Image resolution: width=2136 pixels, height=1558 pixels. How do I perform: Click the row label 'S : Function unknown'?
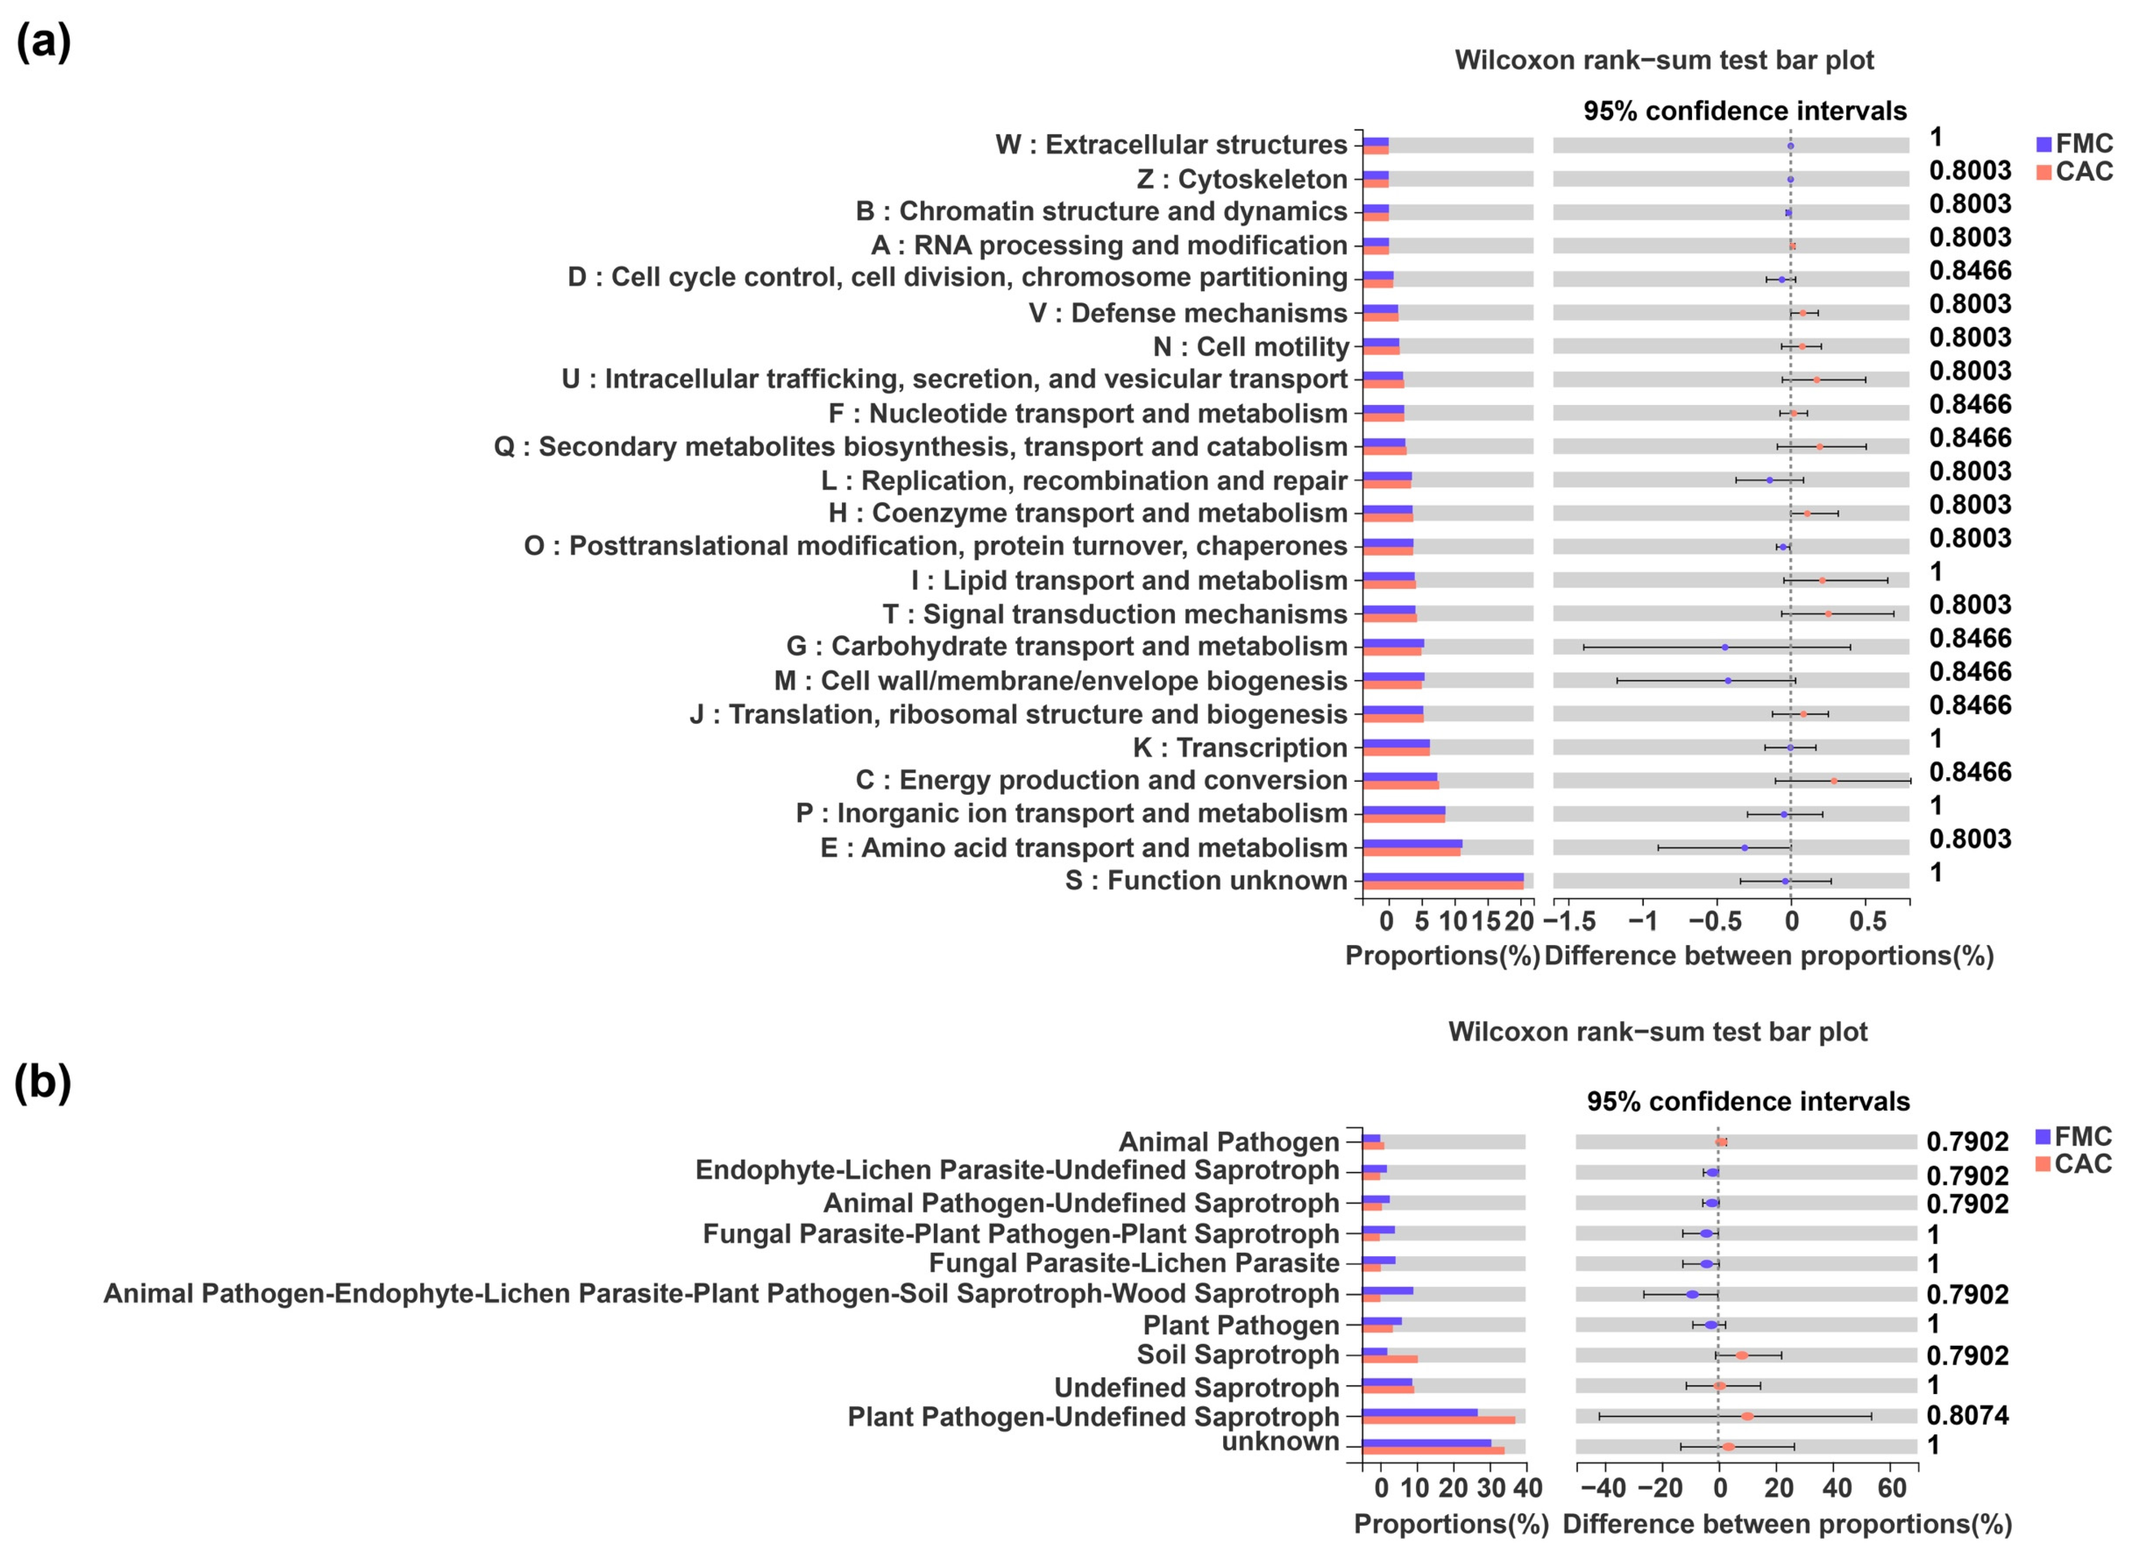[1206, 881]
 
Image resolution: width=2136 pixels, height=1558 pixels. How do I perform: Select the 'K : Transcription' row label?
[1240, 748]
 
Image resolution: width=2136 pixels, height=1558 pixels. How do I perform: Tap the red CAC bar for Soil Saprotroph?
[1390, 1359]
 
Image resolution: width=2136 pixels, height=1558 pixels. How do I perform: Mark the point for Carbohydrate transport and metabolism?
[1725, 647]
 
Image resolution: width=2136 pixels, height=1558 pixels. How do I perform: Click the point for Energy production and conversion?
[1833, 781]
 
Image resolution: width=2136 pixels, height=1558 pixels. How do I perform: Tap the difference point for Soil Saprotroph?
[1742, 1355]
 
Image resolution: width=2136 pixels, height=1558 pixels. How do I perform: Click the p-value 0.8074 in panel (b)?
[1967, 1415]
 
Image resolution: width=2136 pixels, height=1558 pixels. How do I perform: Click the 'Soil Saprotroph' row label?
[1238, 1355]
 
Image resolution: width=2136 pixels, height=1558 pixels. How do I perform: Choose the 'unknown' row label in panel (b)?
[1280, 1442]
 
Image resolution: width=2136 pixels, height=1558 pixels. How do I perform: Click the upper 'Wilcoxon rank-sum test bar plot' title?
[1664, 60]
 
